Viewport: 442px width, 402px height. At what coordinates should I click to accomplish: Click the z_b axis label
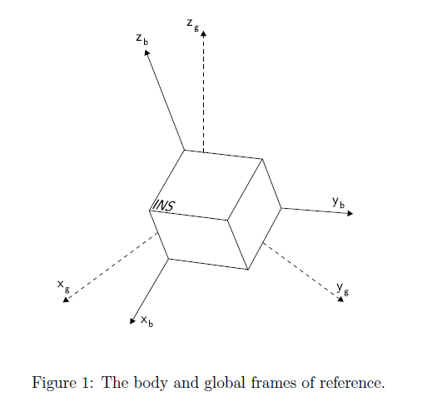[x=142, y=39]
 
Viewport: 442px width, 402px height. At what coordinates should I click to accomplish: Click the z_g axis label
[x=193, y=25]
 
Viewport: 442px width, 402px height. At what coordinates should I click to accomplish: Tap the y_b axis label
[x=338, y=202]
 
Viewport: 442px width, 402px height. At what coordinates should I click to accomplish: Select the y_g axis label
[x=343, y=289]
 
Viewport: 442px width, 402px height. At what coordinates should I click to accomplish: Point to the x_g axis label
[x=63, y=286]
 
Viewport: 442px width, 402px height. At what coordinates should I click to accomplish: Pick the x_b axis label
[x=147, y=321]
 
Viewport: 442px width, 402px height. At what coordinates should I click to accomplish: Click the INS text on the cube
[x=163, y=206]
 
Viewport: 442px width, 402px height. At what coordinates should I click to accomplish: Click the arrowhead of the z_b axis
[x=147, y=52]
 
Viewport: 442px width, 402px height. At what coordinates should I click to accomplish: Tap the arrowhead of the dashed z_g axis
[x=204, y=33]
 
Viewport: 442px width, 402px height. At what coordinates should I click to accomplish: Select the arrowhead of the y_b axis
[x=350, y=213]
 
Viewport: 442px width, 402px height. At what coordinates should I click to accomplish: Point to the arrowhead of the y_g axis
[x=340, y=299]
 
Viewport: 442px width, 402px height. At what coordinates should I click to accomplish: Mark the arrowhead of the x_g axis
[x=66, y=300]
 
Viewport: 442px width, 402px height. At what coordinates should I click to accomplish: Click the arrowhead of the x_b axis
[x=132, y=320]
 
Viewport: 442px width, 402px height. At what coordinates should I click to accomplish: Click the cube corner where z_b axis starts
[x=184, y=150]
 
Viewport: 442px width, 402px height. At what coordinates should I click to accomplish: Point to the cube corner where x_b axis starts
[x=168, y=259]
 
